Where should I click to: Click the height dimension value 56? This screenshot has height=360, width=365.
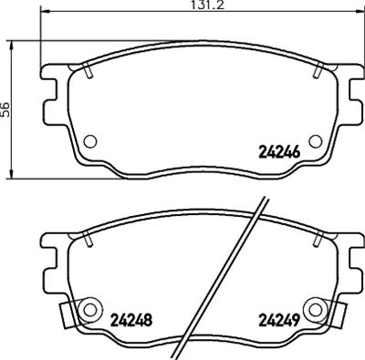[x=6, y=108]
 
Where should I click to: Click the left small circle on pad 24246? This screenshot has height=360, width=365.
[x=89, y=142]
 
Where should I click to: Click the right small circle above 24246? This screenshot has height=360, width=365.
[x=315, y=142]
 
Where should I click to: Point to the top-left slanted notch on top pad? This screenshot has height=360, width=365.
[x=88, y=67]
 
